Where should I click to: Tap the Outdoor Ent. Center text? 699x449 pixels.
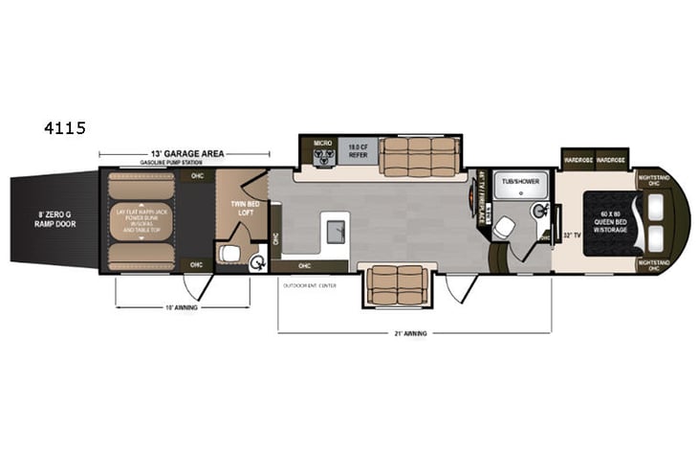[x=307, y=285]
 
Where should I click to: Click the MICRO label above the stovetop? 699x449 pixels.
[x=322, y=143]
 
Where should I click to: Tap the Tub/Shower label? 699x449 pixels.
[x=521, y=179]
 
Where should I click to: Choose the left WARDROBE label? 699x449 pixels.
[x=579, y=161]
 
